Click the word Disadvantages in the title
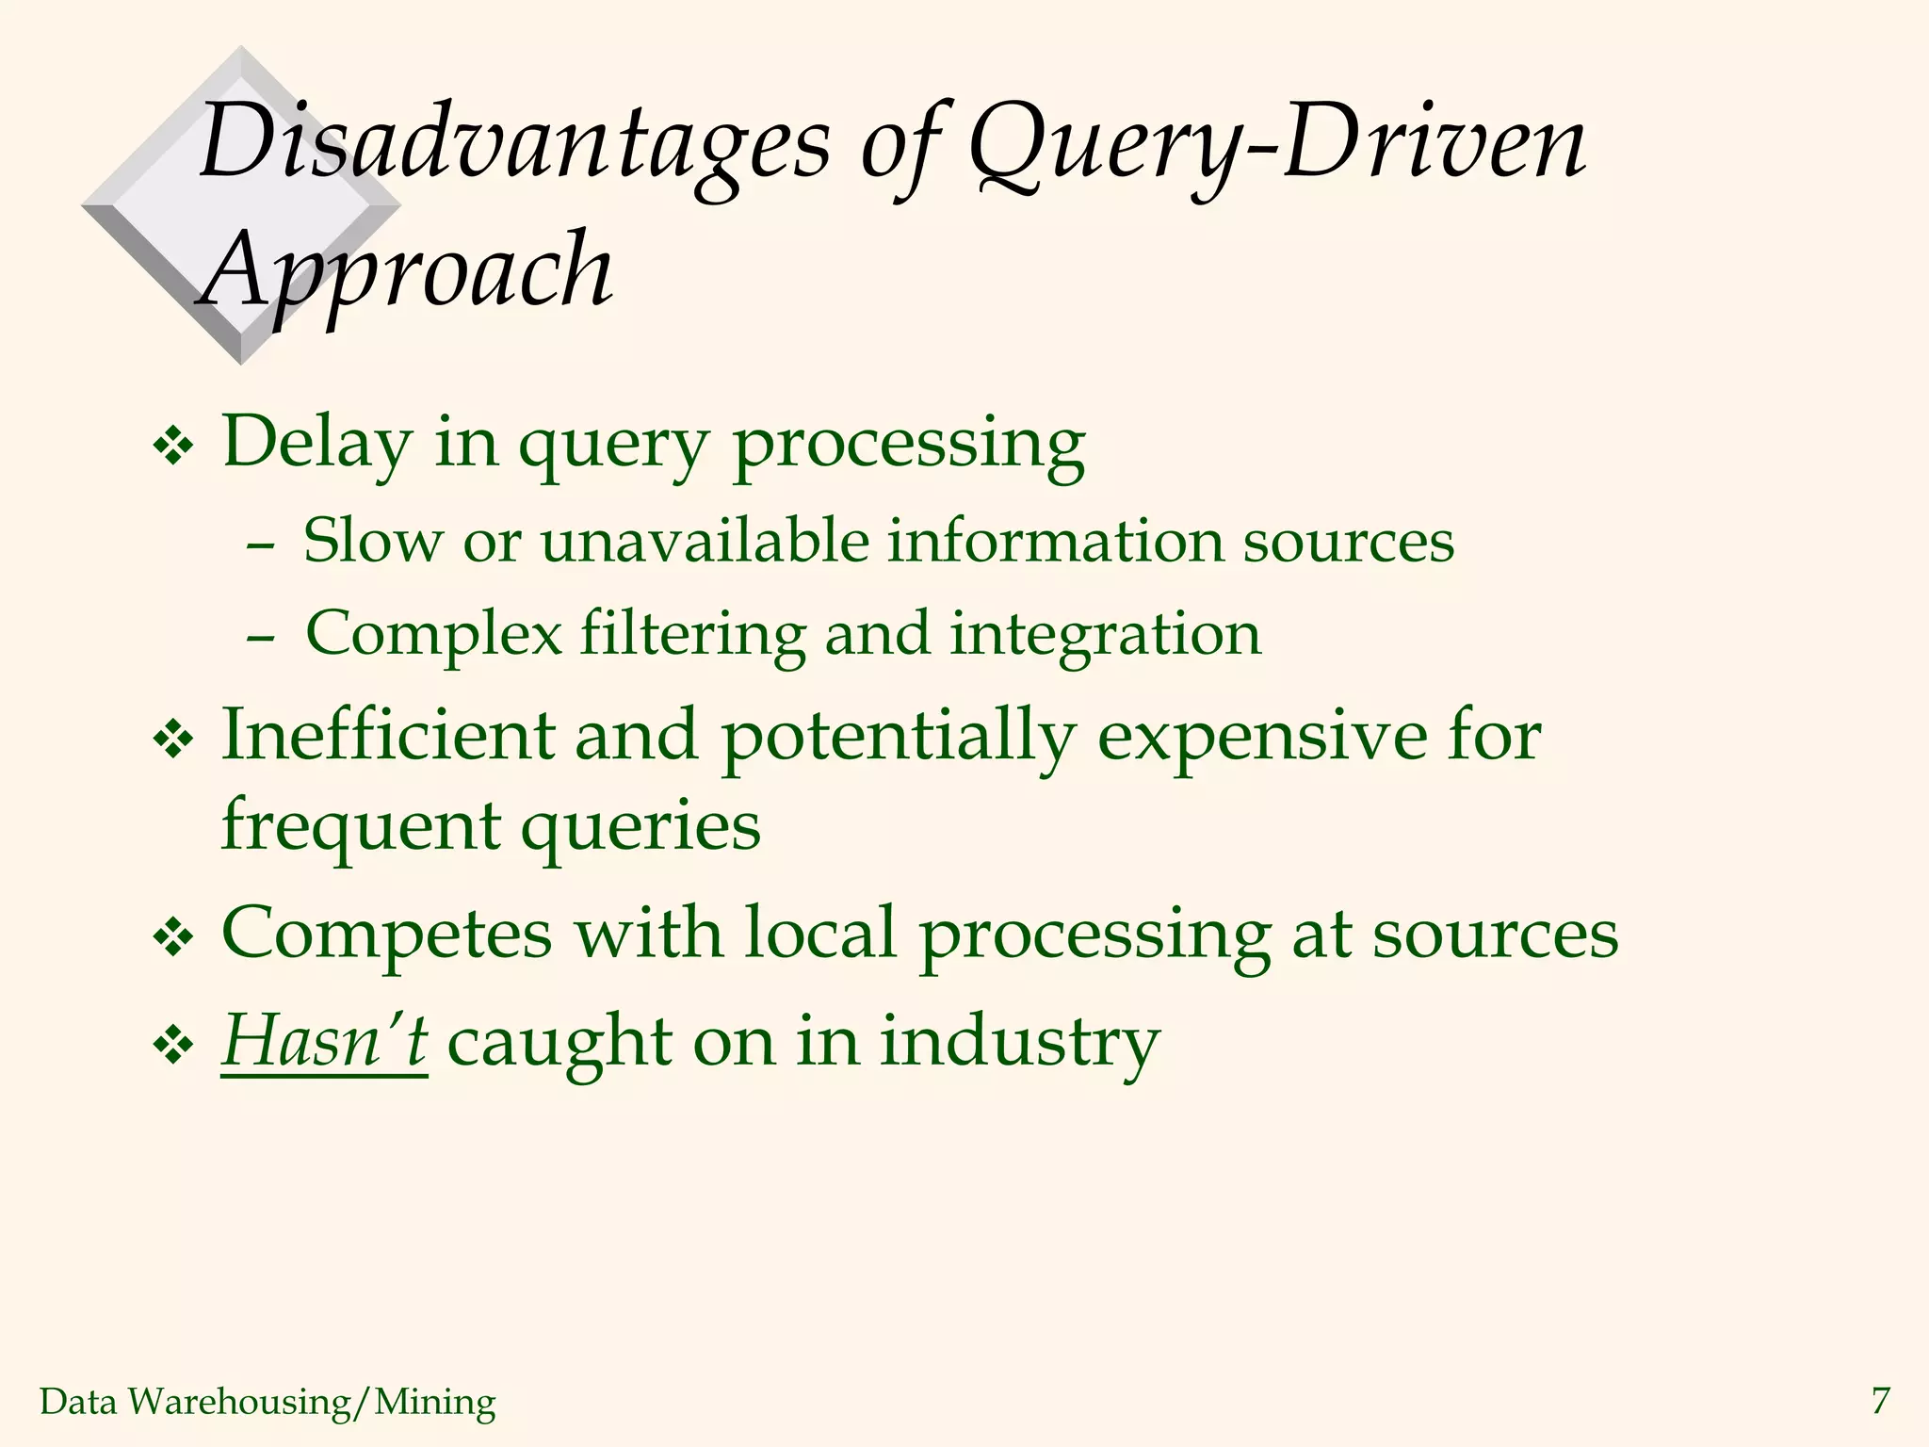(513, 143)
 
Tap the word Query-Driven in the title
(1276, 143)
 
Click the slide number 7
(1880, 1401)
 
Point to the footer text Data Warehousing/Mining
(267, 1402)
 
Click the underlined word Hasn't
(324, 1042)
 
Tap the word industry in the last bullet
(1019, 1044)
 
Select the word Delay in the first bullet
(317, 443)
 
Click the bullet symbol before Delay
(172, 447)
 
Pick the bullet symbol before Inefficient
(172, 740)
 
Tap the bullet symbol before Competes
(172, 939)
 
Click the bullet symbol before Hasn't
(172, 1047)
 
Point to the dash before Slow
(259, 545)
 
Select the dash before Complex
(259, 638)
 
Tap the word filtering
(692, 633)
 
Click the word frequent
(361, 826)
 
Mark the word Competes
(386, 935)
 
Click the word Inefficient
(388, 735)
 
